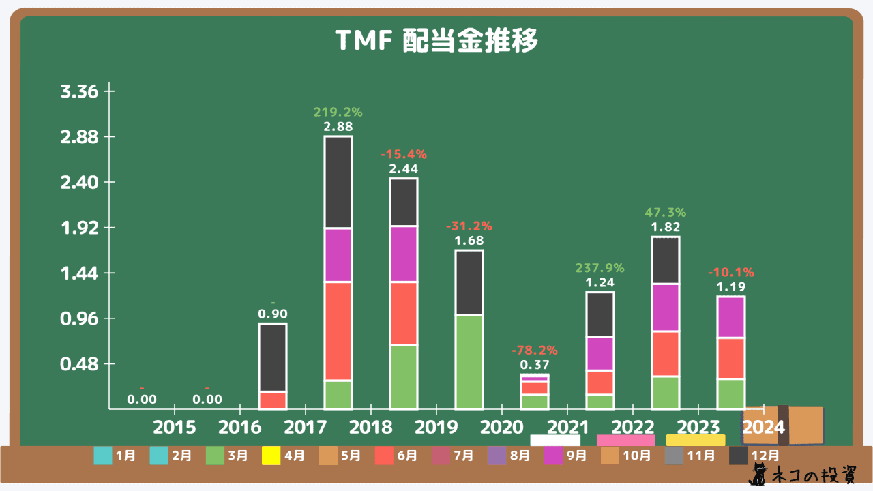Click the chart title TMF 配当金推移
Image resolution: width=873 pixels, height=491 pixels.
[x=436, y=42]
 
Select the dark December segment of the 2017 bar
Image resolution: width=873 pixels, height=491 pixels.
[x=338, y=182]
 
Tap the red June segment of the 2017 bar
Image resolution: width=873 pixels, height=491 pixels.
[x=338, y=331]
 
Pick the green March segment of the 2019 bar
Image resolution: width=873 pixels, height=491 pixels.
[x=469, y=361]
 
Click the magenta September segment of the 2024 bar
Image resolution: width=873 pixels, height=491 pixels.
[x=730, y=317]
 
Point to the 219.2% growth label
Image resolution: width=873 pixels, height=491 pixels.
[x=338, y=112]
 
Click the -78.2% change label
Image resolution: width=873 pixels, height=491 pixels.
[x=534, y=351]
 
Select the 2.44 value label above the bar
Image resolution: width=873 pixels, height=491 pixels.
[x=403, y=168]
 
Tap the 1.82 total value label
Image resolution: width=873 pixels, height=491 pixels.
[x=665, y=227]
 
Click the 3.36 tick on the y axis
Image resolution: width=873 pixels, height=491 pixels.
[x=80, y=91]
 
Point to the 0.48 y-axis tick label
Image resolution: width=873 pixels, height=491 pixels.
[x=80, y=364]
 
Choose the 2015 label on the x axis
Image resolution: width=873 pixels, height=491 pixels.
[x=174, y=428]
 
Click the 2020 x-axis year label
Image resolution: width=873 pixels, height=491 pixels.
[x=501, y=428]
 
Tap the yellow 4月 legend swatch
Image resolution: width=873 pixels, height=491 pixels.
[x=271, y=455]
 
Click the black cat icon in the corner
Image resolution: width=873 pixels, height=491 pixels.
[x=758, y=475]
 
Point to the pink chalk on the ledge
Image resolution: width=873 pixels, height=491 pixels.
[x=625, y=441]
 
